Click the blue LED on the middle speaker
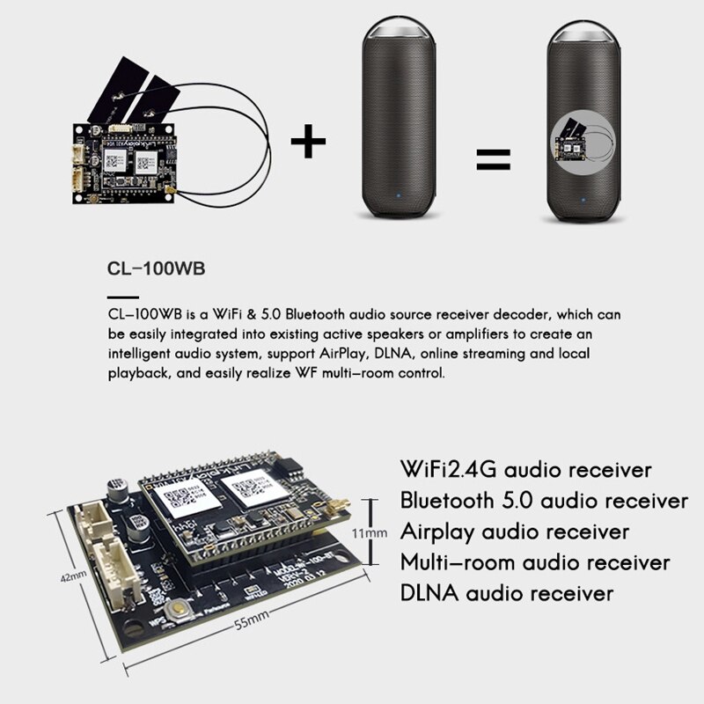[x=399, y=196]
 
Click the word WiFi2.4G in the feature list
[x=451, y=468]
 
